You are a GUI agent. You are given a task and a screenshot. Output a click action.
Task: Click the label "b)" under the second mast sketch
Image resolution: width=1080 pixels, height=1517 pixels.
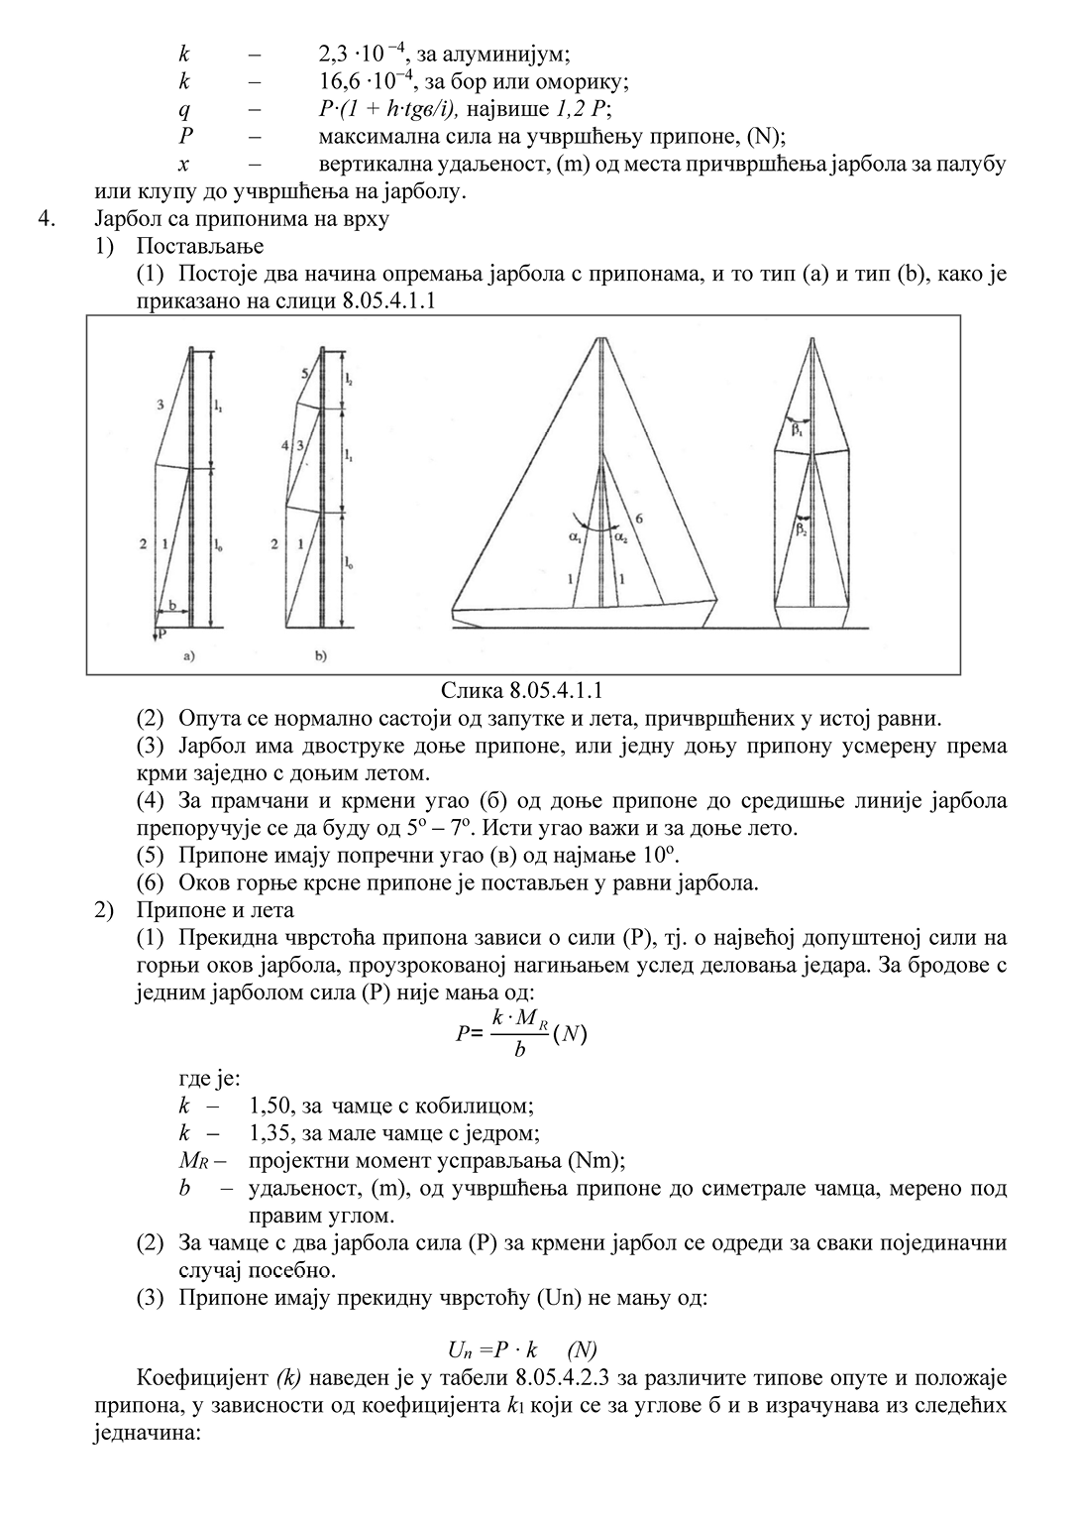[321, 655]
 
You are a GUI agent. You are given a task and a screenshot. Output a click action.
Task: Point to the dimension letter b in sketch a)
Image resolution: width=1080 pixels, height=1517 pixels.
[172, 604]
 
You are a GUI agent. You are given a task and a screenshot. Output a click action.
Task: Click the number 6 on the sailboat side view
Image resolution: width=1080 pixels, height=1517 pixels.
[640, 519]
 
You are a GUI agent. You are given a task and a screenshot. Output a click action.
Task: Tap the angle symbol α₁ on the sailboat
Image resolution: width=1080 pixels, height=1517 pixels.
[576, 536]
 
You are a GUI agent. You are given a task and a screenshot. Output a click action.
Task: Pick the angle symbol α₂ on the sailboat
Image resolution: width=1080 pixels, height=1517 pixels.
[620, 536]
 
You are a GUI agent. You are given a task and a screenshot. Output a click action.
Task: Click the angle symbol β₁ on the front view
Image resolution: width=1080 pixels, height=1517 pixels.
[797, 431]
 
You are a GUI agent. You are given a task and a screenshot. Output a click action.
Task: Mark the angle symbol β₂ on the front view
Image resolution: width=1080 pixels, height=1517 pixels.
[801, 528]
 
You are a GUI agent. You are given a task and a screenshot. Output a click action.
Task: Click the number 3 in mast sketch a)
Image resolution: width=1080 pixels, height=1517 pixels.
[161, 405]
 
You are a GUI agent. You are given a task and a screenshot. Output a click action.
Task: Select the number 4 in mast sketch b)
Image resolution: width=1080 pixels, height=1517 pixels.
[284, 447]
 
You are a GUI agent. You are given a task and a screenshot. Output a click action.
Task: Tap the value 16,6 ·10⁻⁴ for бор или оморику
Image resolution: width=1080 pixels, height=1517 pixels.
[363, 82]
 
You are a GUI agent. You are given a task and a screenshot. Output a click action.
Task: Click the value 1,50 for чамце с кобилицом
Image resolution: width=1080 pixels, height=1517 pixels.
[272, 1106]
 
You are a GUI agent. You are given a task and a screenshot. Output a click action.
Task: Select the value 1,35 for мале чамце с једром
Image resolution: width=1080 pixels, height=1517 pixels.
[272, 1132]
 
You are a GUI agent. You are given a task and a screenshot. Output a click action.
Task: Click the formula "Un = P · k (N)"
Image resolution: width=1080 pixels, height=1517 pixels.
[521, 1349]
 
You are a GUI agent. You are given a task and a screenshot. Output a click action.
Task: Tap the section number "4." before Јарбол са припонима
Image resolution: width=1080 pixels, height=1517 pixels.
[46, 219]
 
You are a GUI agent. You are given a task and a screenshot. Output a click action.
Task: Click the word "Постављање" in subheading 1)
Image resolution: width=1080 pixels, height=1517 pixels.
[200, 246]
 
